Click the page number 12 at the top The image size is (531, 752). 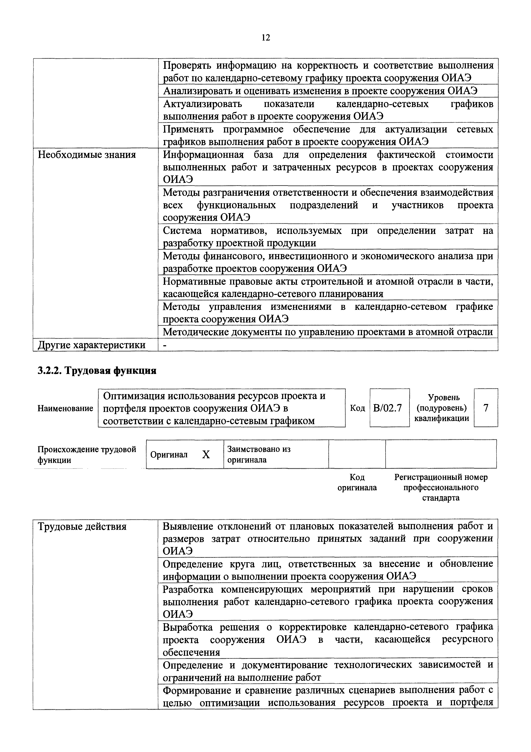[x=266, y=38]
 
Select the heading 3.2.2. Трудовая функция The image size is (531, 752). [x=97, y=371]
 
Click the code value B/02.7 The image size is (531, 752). [x=389, y=408]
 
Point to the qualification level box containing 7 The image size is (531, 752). [x=486, y=408]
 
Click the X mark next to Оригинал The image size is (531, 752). [x=206, y=455]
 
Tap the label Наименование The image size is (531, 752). [x=65, y=408]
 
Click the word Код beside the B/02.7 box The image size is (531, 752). [x=357, y=408]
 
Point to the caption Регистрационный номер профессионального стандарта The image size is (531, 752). [x=441, y=487]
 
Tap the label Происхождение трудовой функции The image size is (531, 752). [x=87, y=455]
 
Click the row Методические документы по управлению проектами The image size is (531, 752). [x=328, y=332]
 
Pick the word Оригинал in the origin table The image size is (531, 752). [x=169, y=455]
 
